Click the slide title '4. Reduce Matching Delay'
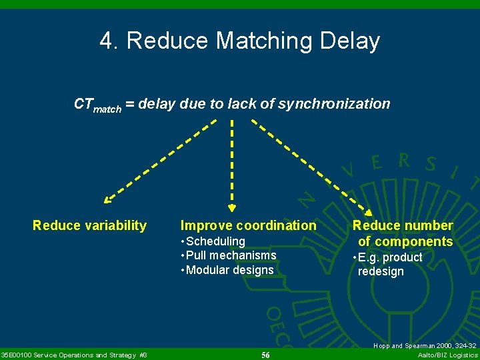(240, 41)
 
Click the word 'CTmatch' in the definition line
(97, 105)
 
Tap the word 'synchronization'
(334, 104)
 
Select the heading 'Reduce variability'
(89, 225)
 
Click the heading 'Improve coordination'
(248, 225)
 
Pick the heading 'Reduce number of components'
(403, 233)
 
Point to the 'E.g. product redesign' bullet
(389, 264)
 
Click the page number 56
(265, 355)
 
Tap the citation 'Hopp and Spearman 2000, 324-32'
(425, 346)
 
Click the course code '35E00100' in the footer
(20, 355)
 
